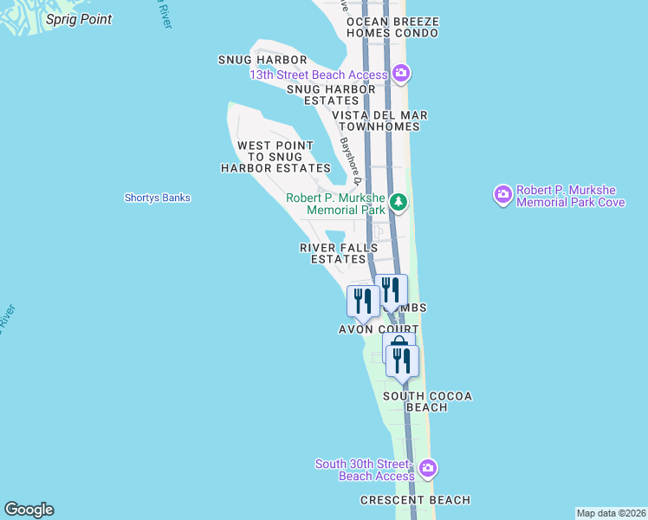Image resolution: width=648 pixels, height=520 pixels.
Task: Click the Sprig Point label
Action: [78, 19]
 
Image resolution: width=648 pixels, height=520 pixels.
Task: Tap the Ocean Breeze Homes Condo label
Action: [392, 27]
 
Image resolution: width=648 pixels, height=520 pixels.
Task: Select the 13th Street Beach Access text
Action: [318, 75]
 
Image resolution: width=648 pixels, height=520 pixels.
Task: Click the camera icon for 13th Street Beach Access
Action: [400, 73]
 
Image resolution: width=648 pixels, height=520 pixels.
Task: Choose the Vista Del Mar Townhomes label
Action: [379, 120]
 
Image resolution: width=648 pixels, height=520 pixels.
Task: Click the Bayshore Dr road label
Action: [349, 159]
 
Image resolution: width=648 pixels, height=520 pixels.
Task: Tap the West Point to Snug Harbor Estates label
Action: [275, 157]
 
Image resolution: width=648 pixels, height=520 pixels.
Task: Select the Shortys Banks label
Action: [157, 198]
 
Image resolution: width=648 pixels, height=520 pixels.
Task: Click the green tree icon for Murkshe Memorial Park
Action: [398, 203]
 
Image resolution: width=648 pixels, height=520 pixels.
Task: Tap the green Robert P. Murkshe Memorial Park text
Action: [336, 204]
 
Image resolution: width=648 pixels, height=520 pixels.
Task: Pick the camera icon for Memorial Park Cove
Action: [503, 195]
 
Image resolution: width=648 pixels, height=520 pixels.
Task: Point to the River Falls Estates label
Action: [339, 253]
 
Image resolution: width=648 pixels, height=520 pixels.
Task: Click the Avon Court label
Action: [379, 329]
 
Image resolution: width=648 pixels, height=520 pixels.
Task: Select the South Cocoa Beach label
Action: [428, 401]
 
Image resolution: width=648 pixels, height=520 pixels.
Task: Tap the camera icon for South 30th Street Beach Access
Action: [427, 469]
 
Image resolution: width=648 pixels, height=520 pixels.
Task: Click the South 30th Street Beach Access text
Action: [365, 470]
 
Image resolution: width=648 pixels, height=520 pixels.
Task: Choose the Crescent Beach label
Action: [416, 500]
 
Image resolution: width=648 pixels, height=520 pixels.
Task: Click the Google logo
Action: [29, 510]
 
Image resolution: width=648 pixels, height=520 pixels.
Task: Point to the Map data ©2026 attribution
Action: [611, 512]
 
